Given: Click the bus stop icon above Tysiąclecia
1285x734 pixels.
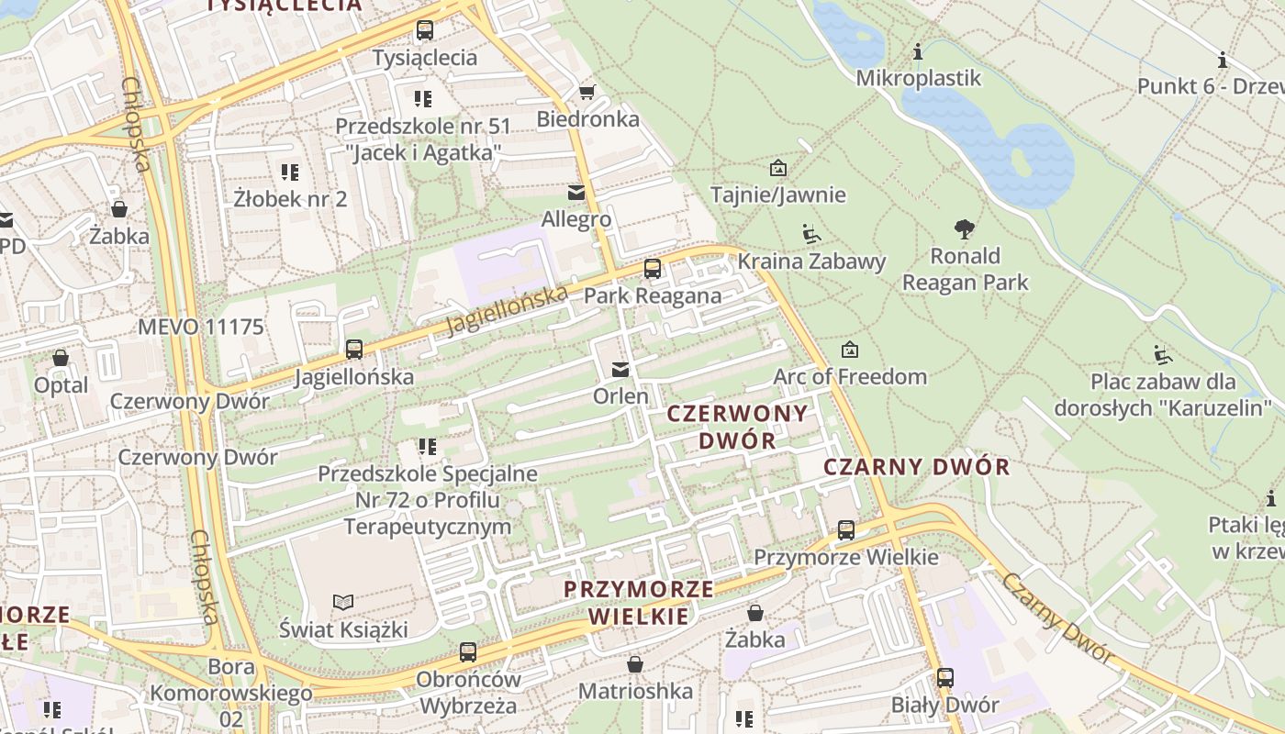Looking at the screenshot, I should [424, 30].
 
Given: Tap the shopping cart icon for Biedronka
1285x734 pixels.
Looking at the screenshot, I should [587, 92].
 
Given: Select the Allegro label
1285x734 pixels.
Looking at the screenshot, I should [575, 219].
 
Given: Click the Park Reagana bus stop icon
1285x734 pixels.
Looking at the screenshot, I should [652, 269].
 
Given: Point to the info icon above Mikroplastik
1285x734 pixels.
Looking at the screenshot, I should [917, 51].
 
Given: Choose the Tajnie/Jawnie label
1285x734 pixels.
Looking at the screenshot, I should [777, 195].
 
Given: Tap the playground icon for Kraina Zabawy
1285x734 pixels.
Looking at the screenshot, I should [810, 234].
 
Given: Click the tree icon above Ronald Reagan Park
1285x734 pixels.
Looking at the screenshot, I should [964, 229].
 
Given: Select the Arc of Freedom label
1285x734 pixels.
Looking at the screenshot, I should [850, 376].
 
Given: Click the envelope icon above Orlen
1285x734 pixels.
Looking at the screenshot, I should [620, 370].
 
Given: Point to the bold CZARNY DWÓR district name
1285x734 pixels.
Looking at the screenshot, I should [916, 466].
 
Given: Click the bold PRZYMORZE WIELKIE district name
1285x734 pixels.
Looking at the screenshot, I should [639, 602].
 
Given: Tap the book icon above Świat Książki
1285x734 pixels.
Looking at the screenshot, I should [343, 602].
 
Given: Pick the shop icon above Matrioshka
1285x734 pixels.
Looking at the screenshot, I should [634, 664].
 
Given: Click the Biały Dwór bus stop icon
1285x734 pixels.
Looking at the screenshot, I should [944, 678].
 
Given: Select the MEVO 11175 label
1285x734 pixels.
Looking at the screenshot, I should [200, 327].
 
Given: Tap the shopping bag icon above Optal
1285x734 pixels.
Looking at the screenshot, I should [61, 358].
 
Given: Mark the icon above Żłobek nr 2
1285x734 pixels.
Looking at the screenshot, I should [290, 172].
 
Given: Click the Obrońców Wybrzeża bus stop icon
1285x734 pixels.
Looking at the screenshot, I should [467, 652].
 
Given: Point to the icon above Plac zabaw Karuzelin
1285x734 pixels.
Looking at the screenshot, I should [1162, 354].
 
